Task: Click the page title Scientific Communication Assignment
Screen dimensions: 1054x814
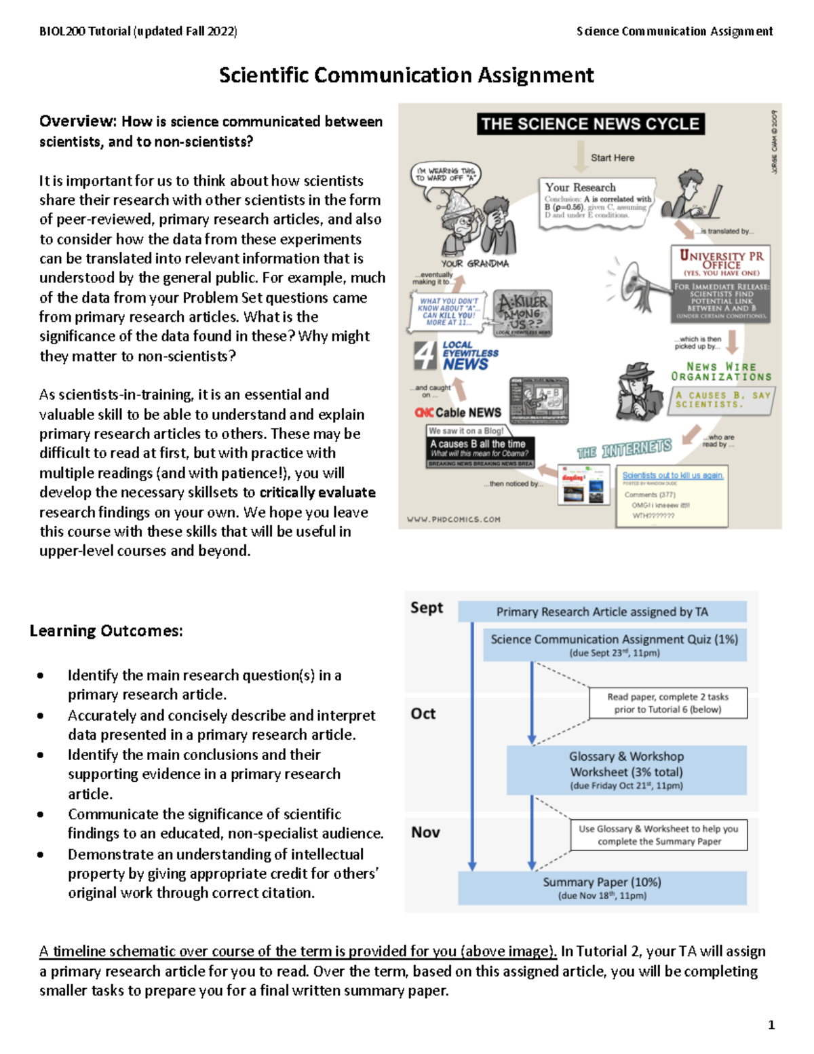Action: [406, 75]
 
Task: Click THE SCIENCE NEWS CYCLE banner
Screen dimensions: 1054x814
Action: [590, 124]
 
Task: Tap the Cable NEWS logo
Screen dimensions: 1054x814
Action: [458, 413]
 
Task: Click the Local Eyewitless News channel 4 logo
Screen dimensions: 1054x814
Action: [456, 356]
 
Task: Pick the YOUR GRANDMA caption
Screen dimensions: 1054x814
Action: [474, 263]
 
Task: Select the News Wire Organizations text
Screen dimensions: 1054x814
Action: [721, 371]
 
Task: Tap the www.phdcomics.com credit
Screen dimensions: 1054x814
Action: [453, 519]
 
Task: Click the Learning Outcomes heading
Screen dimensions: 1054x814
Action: [106, 630]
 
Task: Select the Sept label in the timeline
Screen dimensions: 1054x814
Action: [426, 607]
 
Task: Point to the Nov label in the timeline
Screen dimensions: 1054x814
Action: [425, 832]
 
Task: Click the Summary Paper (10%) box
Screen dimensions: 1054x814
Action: [602, 888]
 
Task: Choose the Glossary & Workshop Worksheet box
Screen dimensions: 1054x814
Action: [626, 770]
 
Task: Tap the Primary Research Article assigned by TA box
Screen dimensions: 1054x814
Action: [602, 611]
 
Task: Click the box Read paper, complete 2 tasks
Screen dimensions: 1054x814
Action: [667, 703]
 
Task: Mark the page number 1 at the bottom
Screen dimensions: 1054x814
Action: [771, 1025]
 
